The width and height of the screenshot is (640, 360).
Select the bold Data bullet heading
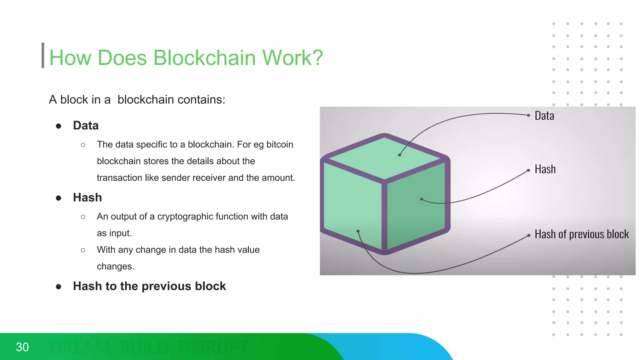pos(86,126)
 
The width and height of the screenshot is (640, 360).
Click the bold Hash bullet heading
pos(87,198)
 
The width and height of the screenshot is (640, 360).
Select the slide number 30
pos(22,347)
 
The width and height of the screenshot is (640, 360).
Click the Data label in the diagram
pos(544,116)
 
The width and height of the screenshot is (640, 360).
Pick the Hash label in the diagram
pos(545,169)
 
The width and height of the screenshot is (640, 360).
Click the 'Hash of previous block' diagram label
pos(581,234)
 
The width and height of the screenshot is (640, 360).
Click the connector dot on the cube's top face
pos(399,155)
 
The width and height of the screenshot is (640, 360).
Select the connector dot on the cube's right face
pos(422,199)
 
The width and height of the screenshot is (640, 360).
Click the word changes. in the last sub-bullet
pos(115,267)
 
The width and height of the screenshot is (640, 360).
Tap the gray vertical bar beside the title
pos(43,55)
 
